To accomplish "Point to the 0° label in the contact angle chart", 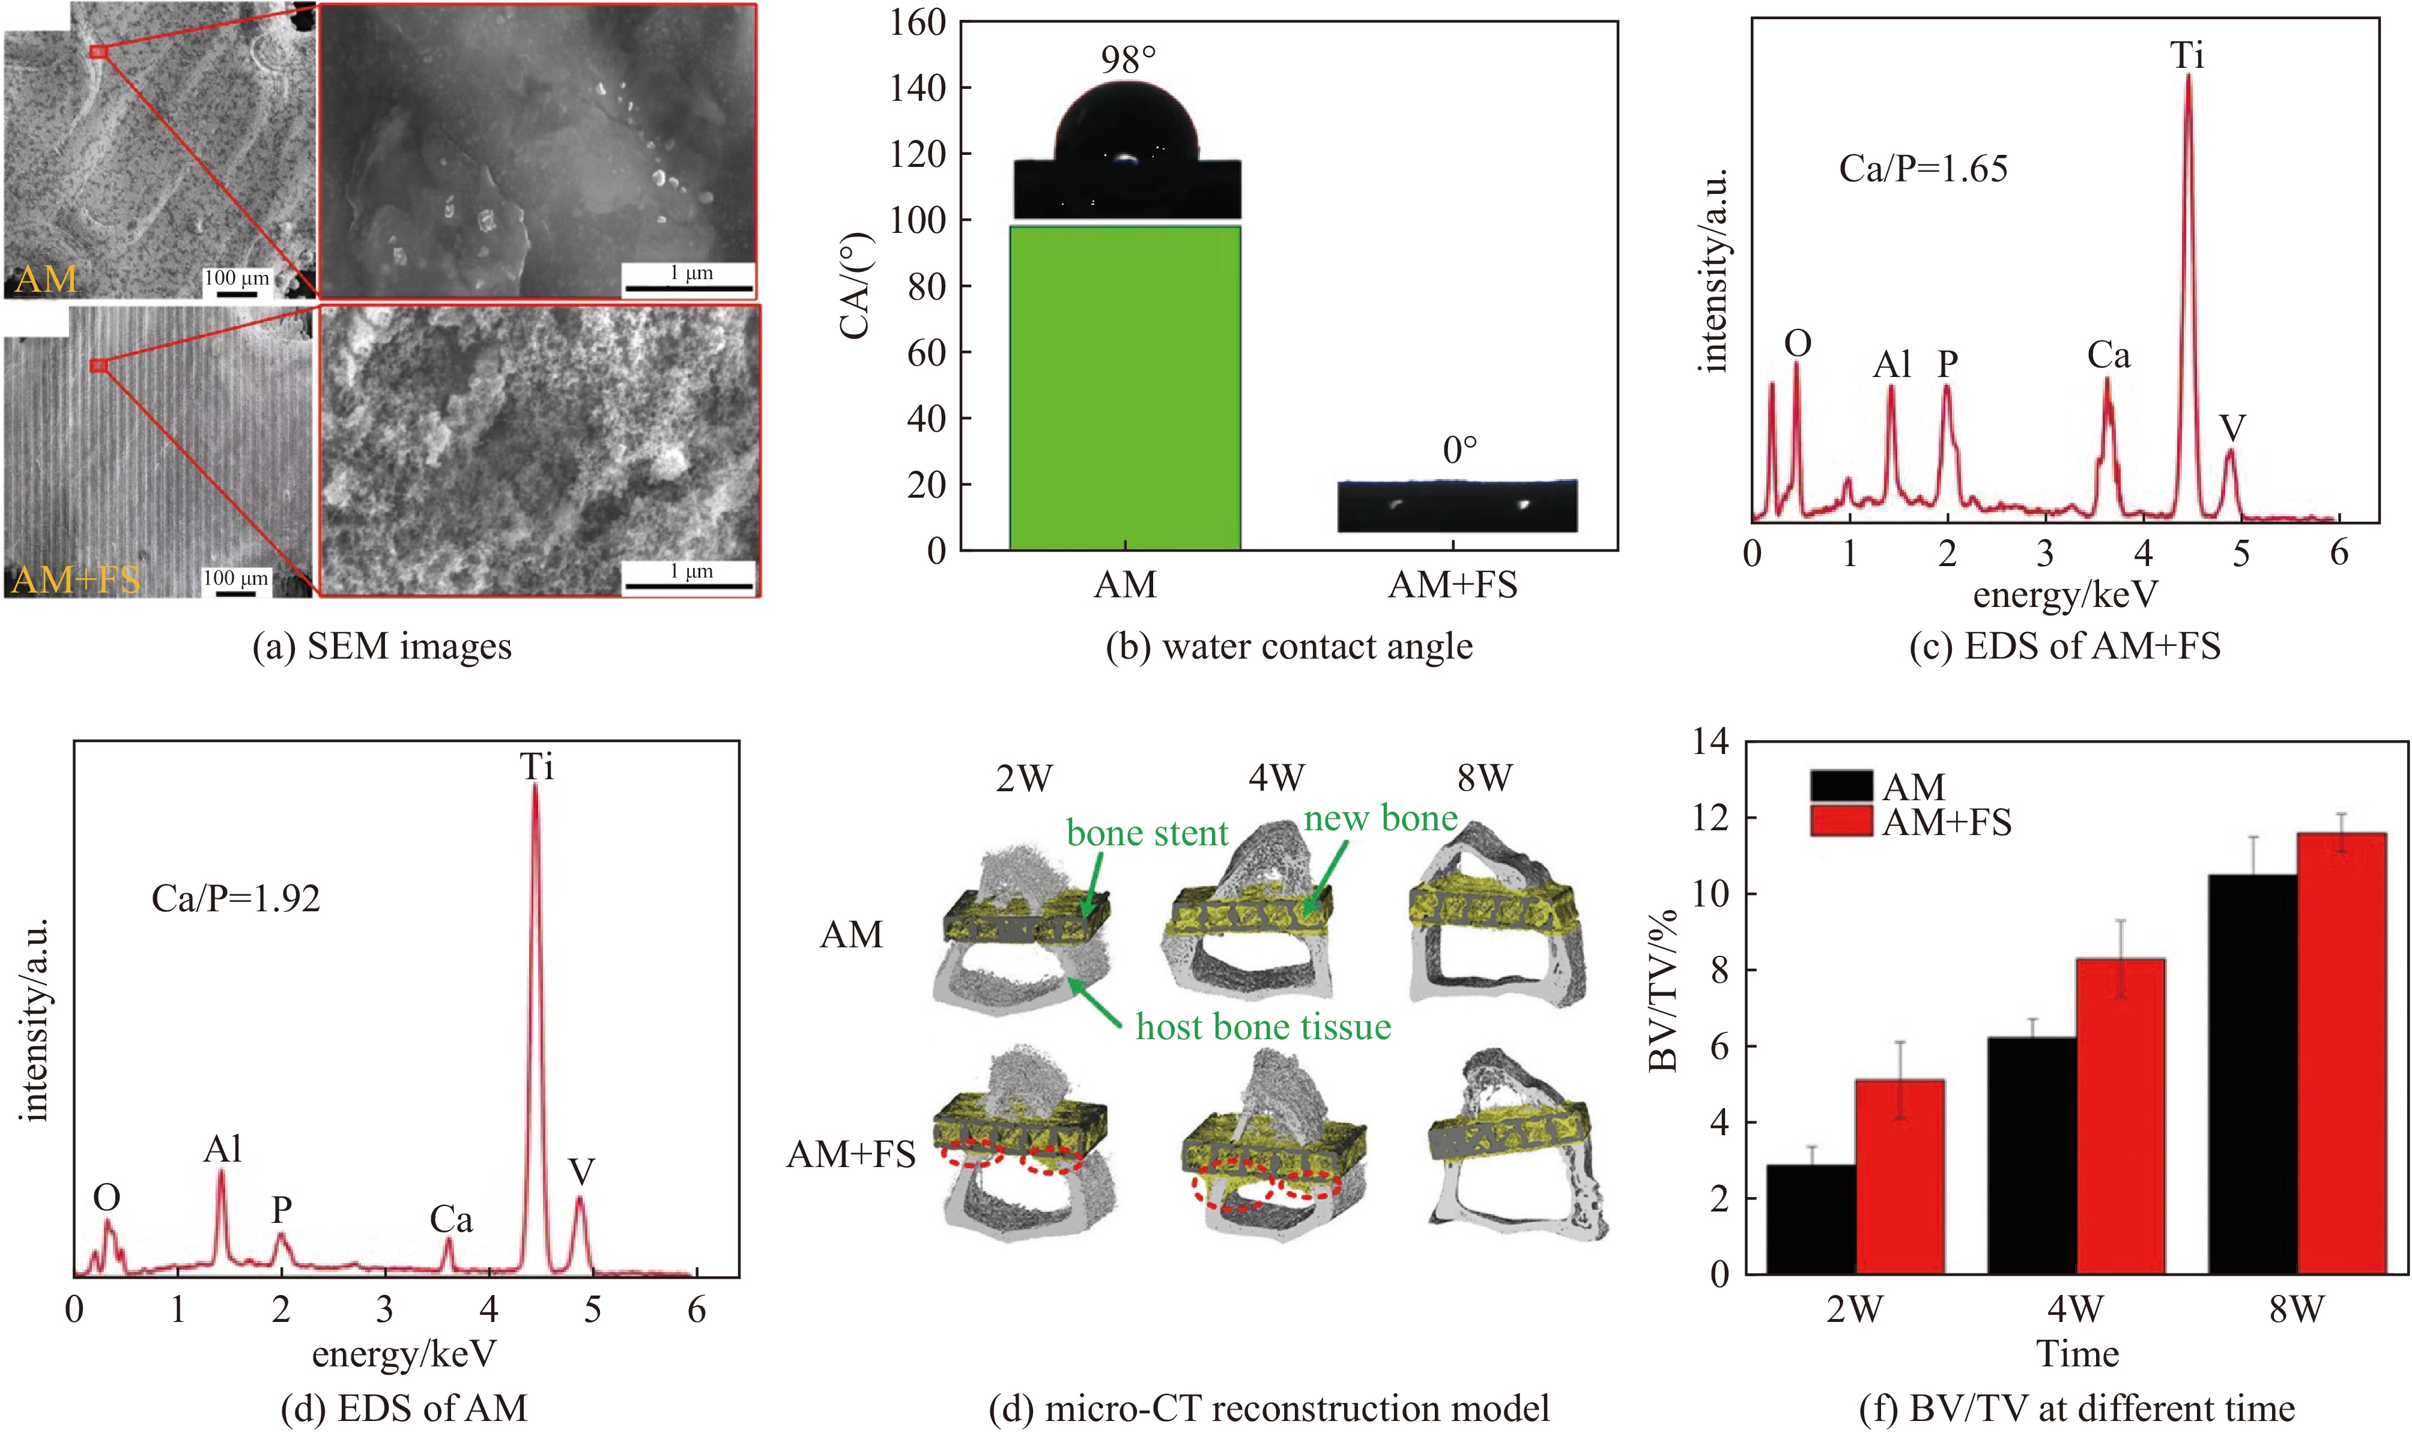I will click(1459, 450).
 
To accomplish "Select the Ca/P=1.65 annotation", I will click(1923, 169).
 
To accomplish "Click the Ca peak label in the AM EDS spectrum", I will click(451, 1220).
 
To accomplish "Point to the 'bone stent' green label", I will click(1147, 833).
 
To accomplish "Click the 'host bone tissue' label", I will click(1262, 1027).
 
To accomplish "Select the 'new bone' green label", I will click(1380, 819).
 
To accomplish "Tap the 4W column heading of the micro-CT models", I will click(1276, 777).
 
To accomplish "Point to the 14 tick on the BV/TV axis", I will click(1711, 741).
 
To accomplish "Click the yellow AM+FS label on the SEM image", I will click(75, 579).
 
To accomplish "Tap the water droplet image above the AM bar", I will click(1126, 149).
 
